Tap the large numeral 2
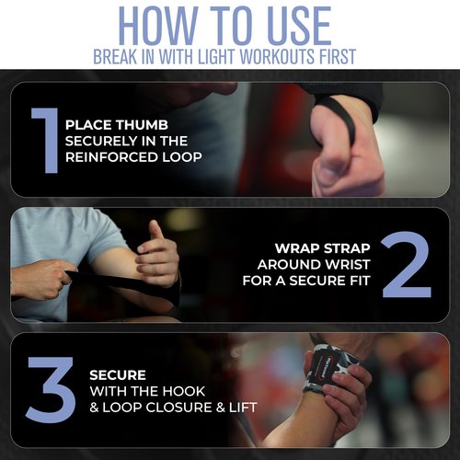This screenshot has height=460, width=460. pyautogui.click(x=407, y=264)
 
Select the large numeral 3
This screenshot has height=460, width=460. pyautogui.click(x=51, y=389)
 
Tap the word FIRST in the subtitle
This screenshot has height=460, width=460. pyautogui.click(x=337, y=56)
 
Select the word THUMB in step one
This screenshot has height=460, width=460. pyautogui.click(x=142, y=125)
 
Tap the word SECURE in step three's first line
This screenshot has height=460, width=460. pyautogui.click(x=118, y=375)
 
